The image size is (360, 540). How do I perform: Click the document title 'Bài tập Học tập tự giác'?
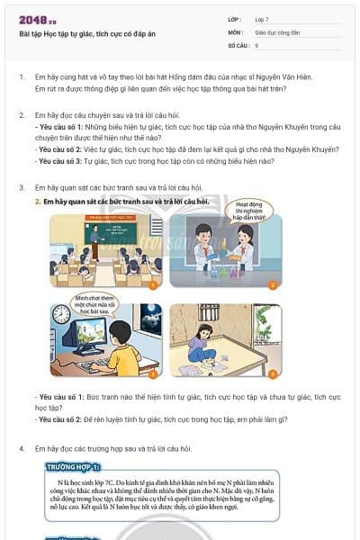[81, 33]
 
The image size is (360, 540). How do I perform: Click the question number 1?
[22, 77]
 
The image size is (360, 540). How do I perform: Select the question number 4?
[22, 447]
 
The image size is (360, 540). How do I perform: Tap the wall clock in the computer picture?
[61, 314]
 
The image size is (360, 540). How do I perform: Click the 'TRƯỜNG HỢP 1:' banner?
[74, 468]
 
